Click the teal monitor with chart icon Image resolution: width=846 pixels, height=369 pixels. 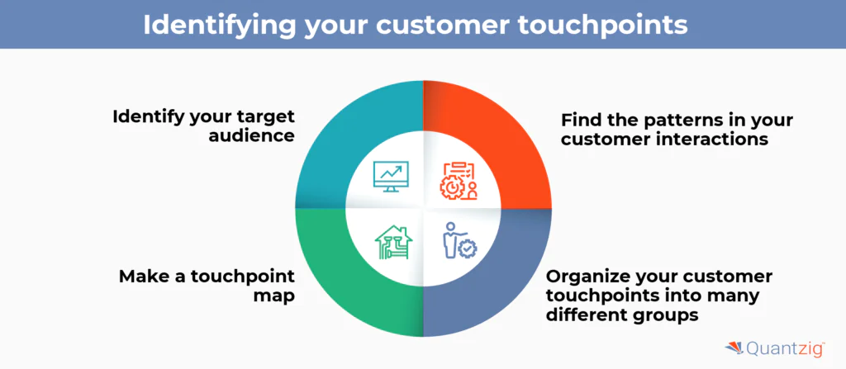click(391, 175)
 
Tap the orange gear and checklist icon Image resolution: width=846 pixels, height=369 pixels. click(458, 178)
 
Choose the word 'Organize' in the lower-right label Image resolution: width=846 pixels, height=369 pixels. click(586, 275)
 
